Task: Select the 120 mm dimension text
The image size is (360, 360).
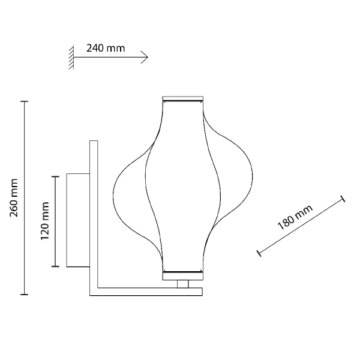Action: click(x=45, y=221)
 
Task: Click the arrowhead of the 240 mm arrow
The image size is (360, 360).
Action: click(x=145, y=58)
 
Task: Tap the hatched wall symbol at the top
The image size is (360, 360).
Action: click(x=71, y=58)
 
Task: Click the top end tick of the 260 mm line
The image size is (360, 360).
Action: click(x=25, y=102)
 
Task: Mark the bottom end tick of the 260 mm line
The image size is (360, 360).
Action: click(x=25, y=294)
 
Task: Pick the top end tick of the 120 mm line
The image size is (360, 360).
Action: click(x=56, y=176)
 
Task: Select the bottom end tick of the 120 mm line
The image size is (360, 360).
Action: click(x=56, y=266)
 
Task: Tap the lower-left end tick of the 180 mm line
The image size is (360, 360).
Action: click(x=259, y=253)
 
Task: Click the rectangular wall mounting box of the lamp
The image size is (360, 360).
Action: click(x=77, y=220)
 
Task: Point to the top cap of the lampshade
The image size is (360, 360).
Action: click(x=184, y=99)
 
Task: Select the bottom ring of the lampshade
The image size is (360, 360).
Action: click(x=183, y=275)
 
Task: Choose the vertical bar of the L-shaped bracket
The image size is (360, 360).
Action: click(x=93, y=216)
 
